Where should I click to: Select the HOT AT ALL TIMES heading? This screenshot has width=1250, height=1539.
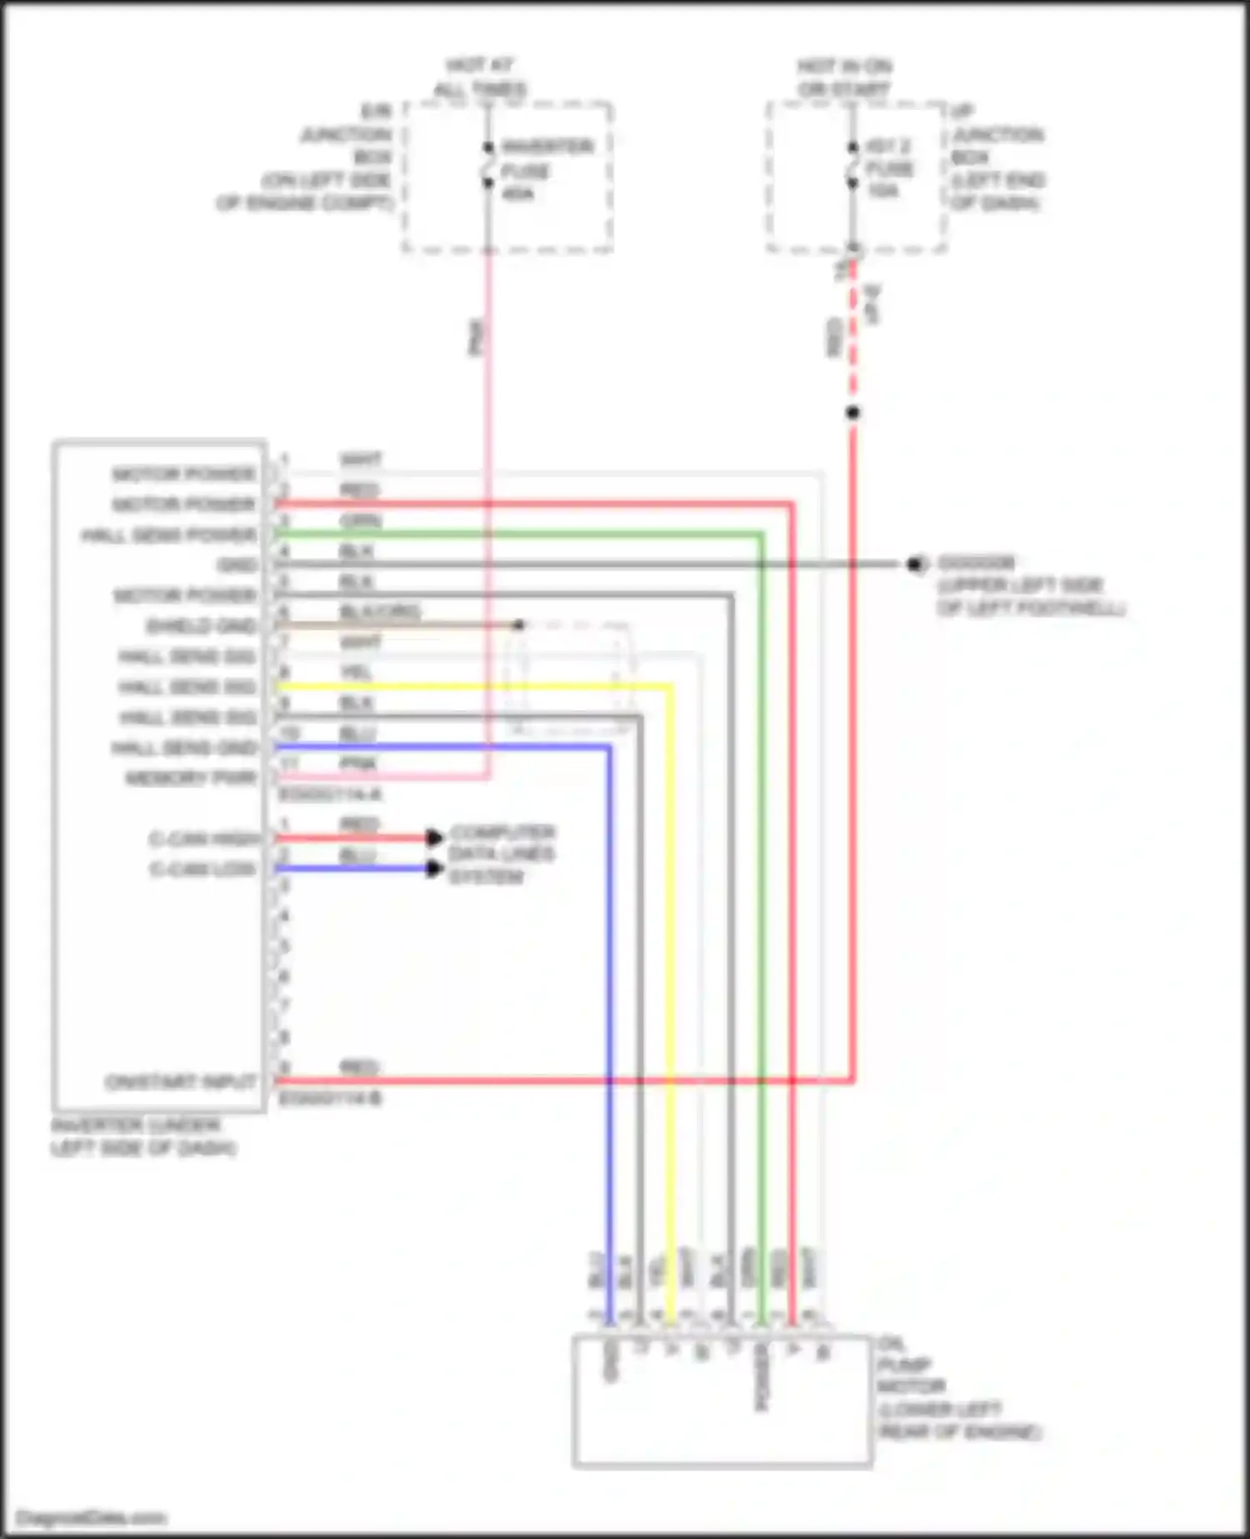tap(480, 77)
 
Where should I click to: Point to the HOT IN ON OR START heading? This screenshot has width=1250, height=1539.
tap(844, 77)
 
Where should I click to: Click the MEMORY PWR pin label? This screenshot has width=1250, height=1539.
tap(191, 779)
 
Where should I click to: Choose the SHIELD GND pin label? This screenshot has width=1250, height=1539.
tap(201, 626)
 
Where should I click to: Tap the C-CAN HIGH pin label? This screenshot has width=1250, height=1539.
tap(204, 839)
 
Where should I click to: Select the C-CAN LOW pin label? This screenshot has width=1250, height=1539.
tap(202, 870)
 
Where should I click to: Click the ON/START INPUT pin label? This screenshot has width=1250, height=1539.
tap(181, 1082)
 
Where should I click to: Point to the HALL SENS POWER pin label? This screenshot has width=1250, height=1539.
tap(169, 535)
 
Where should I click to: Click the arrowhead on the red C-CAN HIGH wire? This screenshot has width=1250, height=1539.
tap(434, 838)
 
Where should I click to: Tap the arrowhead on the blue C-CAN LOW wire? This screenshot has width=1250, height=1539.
tap(434, 869)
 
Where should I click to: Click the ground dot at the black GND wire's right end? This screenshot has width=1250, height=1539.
tap(915, 564)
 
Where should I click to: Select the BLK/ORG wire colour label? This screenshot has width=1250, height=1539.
tap(379, 612)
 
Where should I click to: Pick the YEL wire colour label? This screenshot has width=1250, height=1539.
tap(357, 672)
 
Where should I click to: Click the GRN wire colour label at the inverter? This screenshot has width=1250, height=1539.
tap(360, 521)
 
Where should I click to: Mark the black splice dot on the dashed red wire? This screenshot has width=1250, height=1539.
tap(852, 413)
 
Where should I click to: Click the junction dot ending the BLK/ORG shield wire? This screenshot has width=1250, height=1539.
tap(518, 624)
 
